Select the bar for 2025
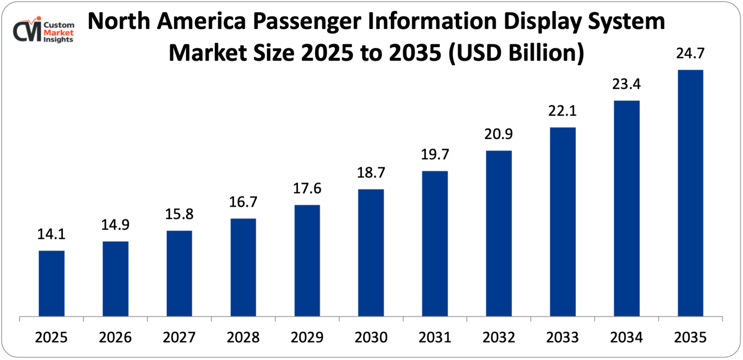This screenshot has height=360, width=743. pos(51,283)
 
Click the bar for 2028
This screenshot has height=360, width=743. pos(243,267)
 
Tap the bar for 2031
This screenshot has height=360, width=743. pos(435,244)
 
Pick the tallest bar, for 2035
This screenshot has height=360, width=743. pos(690,193)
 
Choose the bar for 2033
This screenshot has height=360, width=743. pos(562,222)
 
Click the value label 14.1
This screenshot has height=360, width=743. pos(51,234)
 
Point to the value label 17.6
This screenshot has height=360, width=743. pos(307,188)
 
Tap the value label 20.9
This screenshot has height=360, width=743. pos(499,134)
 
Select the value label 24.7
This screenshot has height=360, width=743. pos(690,53)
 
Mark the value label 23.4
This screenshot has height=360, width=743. pos(626,84)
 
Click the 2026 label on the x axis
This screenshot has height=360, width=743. pos(115,337)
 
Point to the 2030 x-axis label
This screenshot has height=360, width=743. pos(371,337)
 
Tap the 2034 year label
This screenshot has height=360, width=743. pos(626,337)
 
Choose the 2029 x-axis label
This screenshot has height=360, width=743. pos(307,337)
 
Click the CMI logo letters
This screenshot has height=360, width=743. pos(27,31)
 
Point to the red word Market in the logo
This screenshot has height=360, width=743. pos(59,33)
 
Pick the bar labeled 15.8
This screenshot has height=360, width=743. pos(179,273)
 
